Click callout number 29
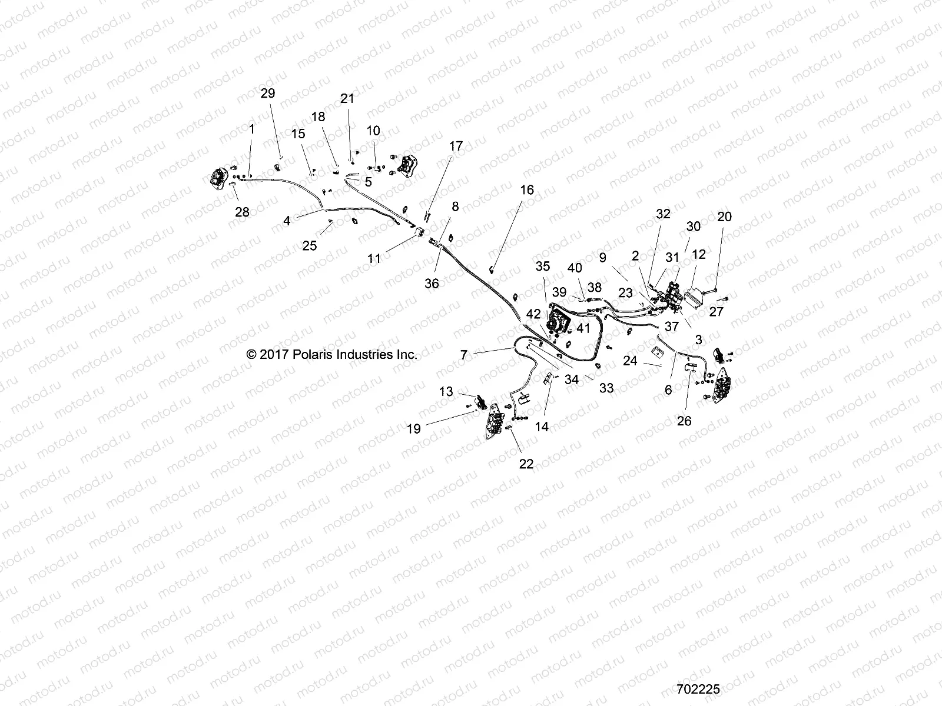pos(268,94)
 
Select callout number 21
pos(348,98)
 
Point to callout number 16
pos(527,189)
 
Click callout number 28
pos(242,212)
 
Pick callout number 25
pos(309,245)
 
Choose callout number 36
pos(432,283)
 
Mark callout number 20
pos(724,217)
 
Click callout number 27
pos(716,311)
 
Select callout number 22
pos(526,464)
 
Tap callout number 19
pos(414,429)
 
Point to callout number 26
pos(684,421)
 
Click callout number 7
pos(463,355)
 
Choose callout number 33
pos(606,388)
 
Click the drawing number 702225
pos(698,689)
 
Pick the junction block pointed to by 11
pos(419,231)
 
